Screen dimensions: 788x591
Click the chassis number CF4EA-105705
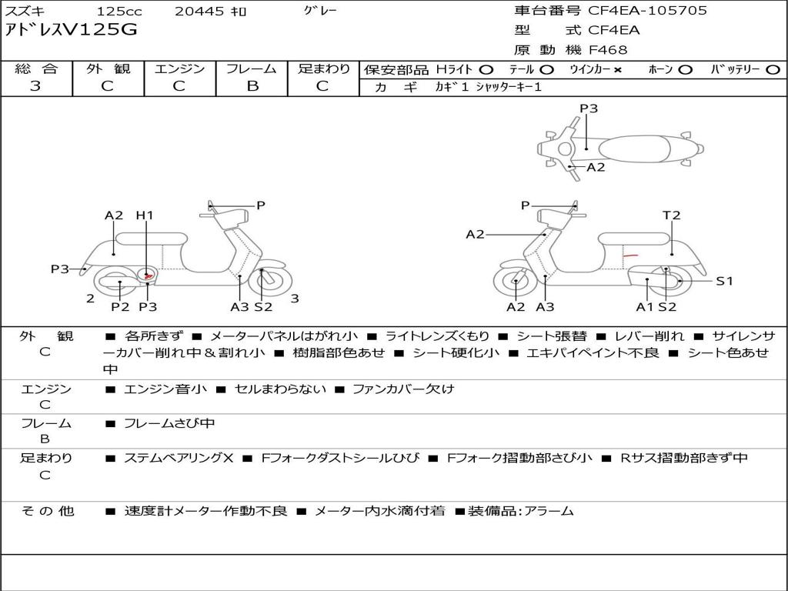pyautogui.click(x=646, y=11)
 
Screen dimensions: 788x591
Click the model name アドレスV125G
pyautogui.click(x=71, y=30)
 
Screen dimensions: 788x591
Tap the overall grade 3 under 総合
pyautogui.click(x=35, y=85)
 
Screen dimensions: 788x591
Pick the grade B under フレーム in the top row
pyautogui.click(x=252, y=85)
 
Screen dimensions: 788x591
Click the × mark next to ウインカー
pyautogui.click(x=618, y=70)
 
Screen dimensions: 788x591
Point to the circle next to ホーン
pyautogui.click(x=685, y=70)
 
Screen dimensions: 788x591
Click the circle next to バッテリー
pyautogui.click(x=773, y=70)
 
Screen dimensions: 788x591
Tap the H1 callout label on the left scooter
pyautogui.click(x=145, y=215)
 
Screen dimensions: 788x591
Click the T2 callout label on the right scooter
pyautogui.click(x=671, y=215)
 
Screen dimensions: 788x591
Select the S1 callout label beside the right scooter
pyautogui.click(x=724, y=281)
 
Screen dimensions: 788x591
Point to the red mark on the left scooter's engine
pyautogui.click(x=148, y=276)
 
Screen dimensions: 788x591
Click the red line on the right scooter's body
pyautogui.click(x=630, y=255)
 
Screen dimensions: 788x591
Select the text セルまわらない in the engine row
pyautogui.click(x=280, y=389)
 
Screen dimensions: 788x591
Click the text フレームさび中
pyautogui.click(x=169, y=424)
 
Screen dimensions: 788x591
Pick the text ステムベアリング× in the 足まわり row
pyautogui.click(x=179, y=458)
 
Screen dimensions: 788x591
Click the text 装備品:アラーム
pyautogui.click(x=521, y=511)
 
